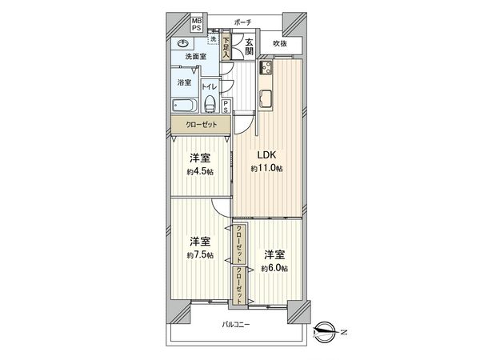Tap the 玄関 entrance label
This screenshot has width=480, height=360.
(250, 47)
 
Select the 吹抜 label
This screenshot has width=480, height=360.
(279, 43)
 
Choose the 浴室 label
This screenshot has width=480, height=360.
(183, 82)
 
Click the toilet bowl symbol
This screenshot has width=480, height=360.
(210, 103)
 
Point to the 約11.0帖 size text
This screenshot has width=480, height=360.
(265, 169)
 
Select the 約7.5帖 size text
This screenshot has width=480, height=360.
(200, 254)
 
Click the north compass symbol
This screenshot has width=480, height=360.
(325, 327)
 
